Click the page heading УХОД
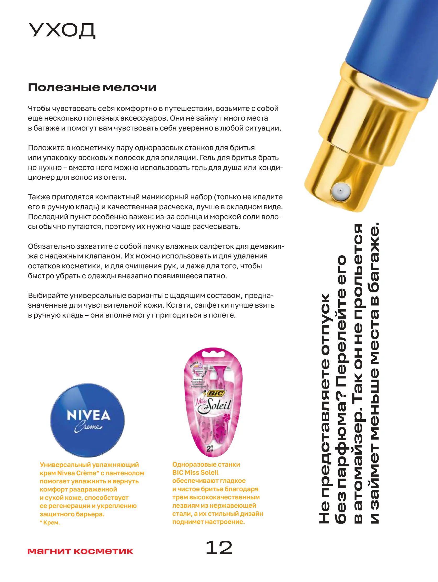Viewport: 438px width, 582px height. pyautogui.click(x=62, y=31)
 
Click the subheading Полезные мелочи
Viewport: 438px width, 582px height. pyautogui.click(x=92, y=87)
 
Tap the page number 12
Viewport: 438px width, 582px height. pyautogui.click(x=219, y=548)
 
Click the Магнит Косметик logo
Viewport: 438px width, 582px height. pyautogui.click(x=80, y=551)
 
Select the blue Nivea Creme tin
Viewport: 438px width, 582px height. pyautogui.click(x=87, y=420)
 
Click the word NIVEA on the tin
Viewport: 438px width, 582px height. pyautogui.click(x=88, y=415)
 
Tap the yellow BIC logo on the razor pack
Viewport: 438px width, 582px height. pyautogui.click(x=216, y=394)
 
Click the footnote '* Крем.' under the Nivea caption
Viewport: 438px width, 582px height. pyautogui.click(x=50, y=523)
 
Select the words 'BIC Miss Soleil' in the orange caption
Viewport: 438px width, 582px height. pyautogui.click(x=195, y=473)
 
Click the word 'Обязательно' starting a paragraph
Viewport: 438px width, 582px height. pyautogui.click(x=51, y=246)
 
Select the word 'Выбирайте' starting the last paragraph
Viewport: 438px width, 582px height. pyautogui.click(x=48, y=296)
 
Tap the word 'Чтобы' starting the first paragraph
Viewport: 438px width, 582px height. pyautogui.click(x=39, y=108)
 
